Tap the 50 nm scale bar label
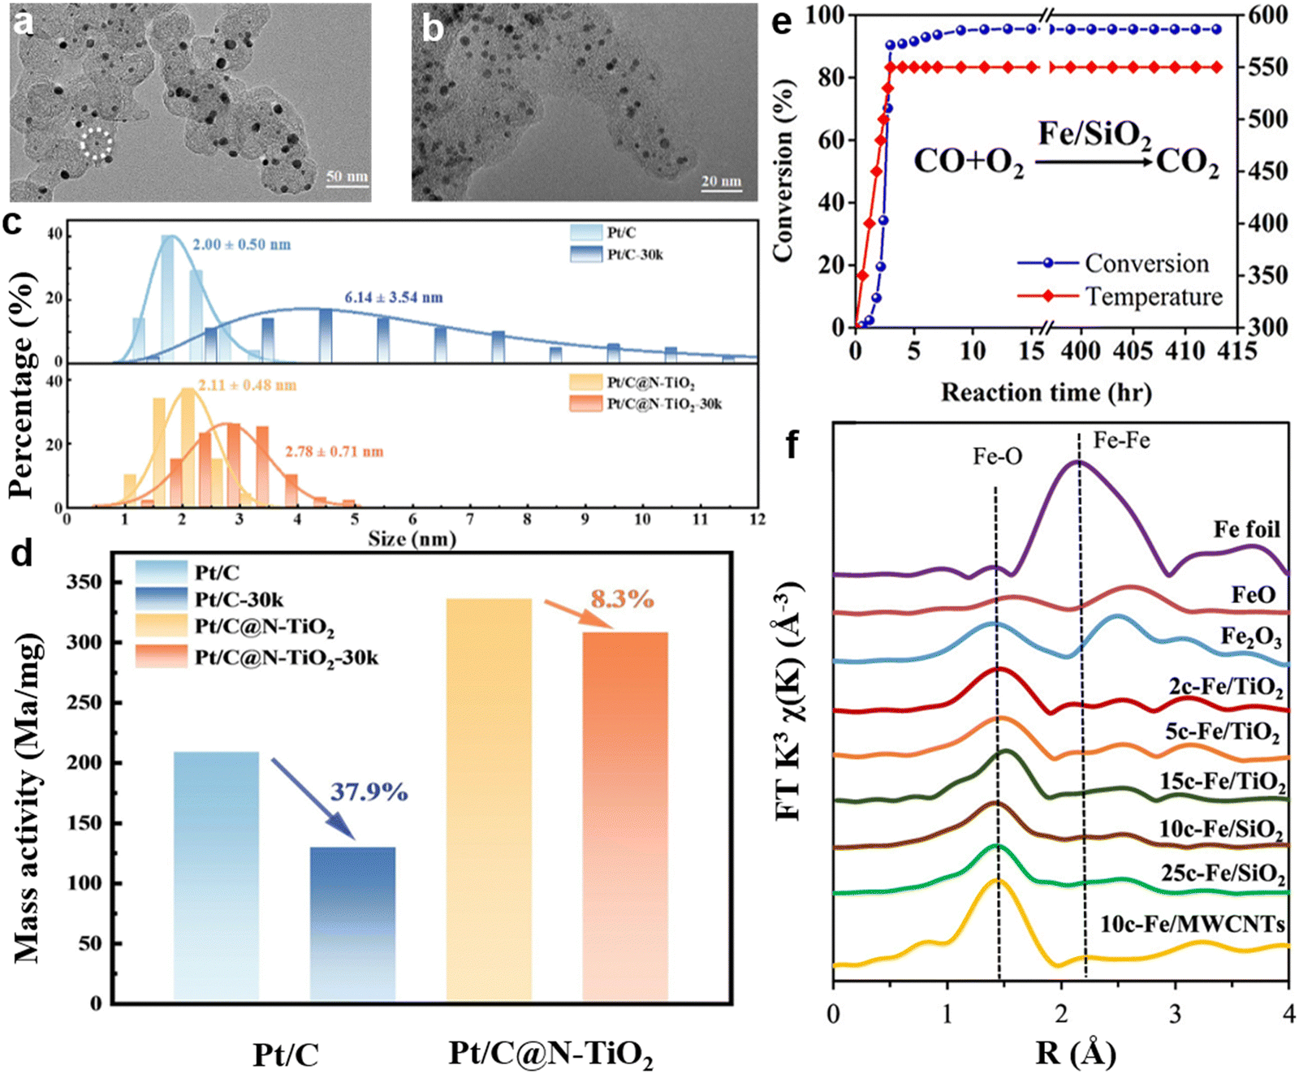tap(347, 176)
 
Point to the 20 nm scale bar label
tap(721, 180)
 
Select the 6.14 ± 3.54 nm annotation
tap(394, 297)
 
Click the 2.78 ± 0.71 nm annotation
tap(334, 451)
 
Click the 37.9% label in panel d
tap(369, 791)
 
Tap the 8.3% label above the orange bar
tap(622, 599)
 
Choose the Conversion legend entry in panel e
tap(1113, 263)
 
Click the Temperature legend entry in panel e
tap(1120, 296)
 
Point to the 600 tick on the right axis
tap(1267, 15)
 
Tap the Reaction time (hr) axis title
tap(1046, 392)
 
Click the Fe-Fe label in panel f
tap(1121, 441)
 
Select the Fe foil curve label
tap(1246, 529)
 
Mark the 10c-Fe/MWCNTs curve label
tap(1193, 924)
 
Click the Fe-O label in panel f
tap(998, 457)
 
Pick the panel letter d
tap(22, 554)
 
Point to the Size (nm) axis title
tap(412, 539)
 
